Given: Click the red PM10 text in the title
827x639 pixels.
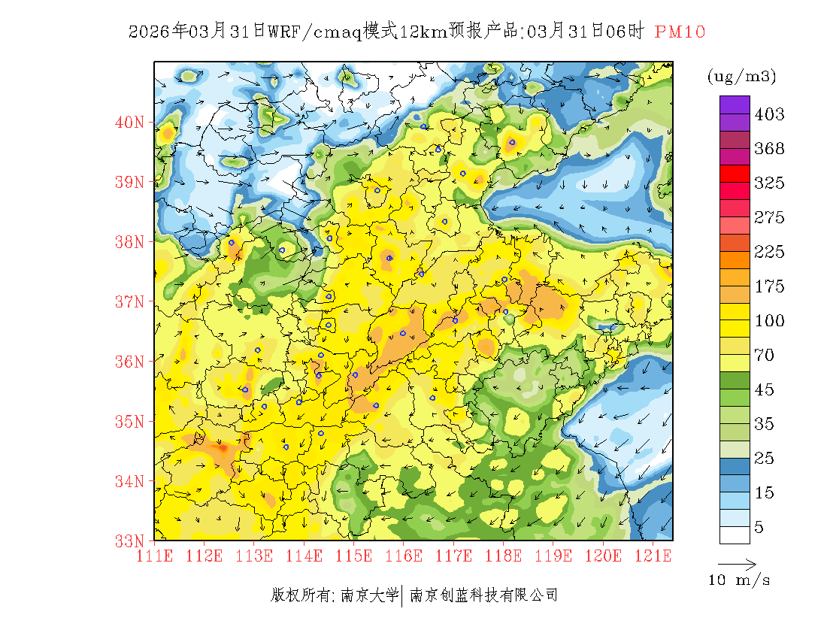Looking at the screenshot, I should click(x=680, y=32).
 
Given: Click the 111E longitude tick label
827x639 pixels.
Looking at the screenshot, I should click(x=155, y=556).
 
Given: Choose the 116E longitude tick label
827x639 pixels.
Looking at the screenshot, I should click(x=404, y=556).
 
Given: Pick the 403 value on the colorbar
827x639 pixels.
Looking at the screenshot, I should click(x=769, y=114).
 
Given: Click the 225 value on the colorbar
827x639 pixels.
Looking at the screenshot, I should click(x=769, y=252).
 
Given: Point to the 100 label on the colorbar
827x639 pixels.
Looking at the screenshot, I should click(x=769, y=321).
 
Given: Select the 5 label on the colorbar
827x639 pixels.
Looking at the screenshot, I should click(x=759, y=528).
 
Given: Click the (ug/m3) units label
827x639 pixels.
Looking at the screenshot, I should click(x=741, y=76).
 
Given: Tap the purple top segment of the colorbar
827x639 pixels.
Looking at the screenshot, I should click(x=735, y=104).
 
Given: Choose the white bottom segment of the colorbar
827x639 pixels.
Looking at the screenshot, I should click(x=735, y=535).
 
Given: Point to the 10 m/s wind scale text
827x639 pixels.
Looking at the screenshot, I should click(x=739, y=580).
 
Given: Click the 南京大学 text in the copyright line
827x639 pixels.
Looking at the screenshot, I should click(x=369, y=595).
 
